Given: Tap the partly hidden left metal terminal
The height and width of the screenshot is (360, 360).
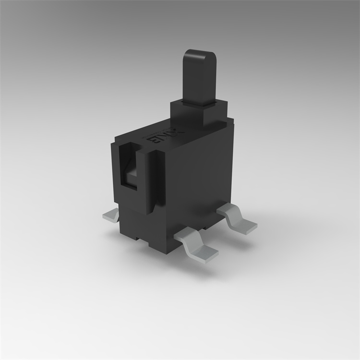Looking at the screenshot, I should coord(111,216).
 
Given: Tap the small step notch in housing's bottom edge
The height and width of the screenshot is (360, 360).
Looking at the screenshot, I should coord(140,237).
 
